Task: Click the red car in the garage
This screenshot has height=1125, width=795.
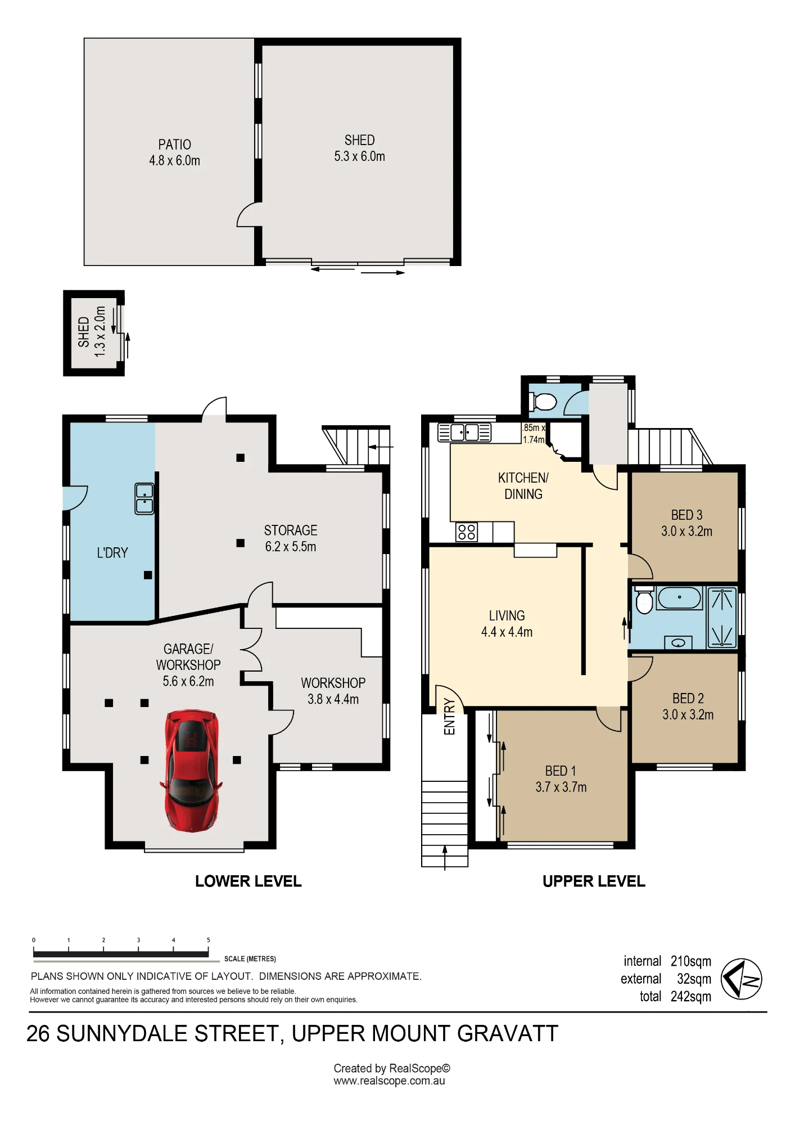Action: click(x=191, y=770)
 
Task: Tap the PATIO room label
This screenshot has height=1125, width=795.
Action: click(x=174, y=145)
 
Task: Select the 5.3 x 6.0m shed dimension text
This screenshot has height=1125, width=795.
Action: click(x=360, y=156)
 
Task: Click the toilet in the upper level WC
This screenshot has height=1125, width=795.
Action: click(x=542, y=402)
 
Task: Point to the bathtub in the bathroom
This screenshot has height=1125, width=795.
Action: click(x=679, y=598)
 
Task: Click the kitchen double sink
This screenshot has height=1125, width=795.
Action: click(x=464, y=432)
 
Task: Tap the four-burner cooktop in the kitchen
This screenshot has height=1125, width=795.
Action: click(x=467, y=532)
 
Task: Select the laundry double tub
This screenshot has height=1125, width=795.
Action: click(x=144, y=499)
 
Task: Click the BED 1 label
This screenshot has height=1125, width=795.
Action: click(x=561, y=771)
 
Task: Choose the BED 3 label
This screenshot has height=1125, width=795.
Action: click(x=686, y=515)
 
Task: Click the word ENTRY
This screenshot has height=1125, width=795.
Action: click(x=449, y=716)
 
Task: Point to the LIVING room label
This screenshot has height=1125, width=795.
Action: click(x=507, y=615)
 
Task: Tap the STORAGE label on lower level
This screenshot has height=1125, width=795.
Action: click(x=291, y=530)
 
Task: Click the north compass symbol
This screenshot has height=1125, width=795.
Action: click(x=742, y=979)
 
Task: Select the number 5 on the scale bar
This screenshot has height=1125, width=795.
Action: click(x=208, y=940)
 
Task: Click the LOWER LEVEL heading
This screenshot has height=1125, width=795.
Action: click(x=249, y=881)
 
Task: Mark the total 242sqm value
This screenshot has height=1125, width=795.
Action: click(x=691, y=997)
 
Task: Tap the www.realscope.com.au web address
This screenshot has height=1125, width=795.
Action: click(x=389, y=1081)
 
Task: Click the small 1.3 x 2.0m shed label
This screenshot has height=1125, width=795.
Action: click(x=92, y=332)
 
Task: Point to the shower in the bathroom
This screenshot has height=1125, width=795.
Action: click(x=722, y=617)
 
